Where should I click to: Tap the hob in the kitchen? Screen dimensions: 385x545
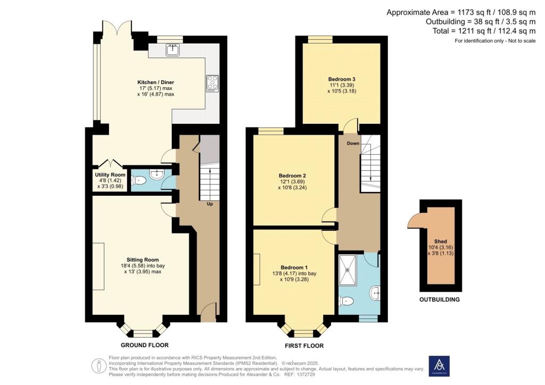[x=212, y=83]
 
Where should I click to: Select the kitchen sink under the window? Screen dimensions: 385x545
[x=171, y=51]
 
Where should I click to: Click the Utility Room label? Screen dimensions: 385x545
[x=110, y=174]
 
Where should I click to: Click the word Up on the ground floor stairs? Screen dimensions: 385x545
[x=210, y=204]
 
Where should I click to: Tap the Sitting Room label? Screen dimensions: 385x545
[x=141, y=260]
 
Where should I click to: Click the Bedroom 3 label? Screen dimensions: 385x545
[x=341, y=79]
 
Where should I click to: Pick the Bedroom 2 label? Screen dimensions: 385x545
[x=293, y=175]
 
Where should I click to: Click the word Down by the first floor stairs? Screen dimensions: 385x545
[x=353, y=144]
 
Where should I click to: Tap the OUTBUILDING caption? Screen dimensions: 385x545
[x=439, y=299]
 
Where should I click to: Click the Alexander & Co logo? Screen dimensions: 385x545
[x=439, y=366]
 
